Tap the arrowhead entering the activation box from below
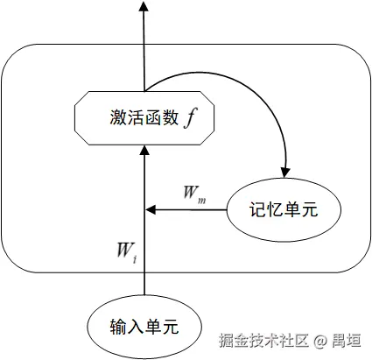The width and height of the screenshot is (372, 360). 144,152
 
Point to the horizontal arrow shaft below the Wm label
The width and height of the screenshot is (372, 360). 188,210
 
